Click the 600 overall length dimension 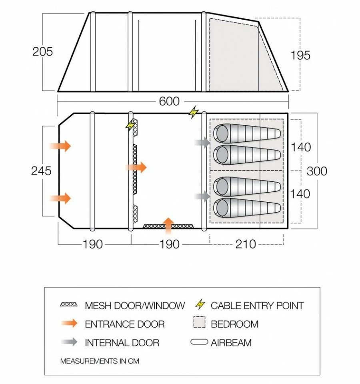click(169, 102)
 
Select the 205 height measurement click(42, 52)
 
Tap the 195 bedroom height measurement click(300, 55)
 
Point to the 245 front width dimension click(42, 171)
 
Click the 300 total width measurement click(317, 171)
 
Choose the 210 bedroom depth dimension click(246, 244)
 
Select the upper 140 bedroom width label click(300, 147)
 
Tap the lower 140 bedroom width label click(300, 194)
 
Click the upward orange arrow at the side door click(169, 225)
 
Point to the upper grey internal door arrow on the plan click(202, 142)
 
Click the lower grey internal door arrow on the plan click(202, 196)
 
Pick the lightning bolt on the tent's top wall click(194, 113)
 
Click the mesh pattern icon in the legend click(68, 305)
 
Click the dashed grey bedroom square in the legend click(200, 324)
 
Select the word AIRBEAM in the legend click(231, 343)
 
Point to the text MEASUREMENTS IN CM click(100, 361)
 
